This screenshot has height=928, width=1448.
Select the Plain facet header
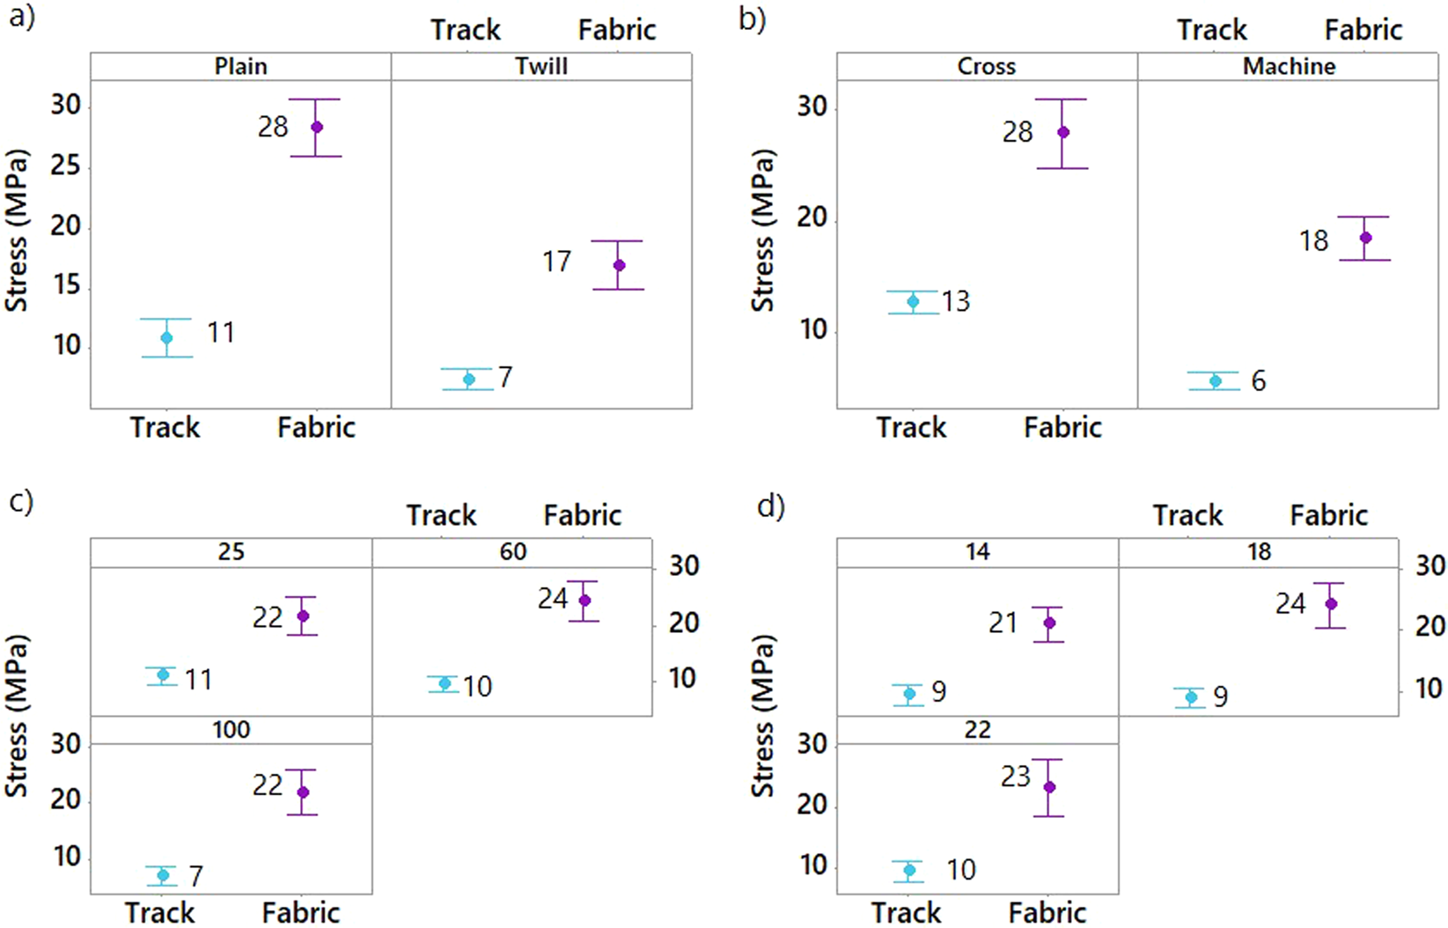click(240, 67)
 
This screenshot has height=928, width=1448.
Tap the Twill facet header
click(541, 67)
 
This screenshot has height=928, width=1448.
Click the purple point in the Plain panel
click(317, 127)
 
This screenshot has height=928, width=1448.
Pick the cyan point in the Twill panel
click(469, 379)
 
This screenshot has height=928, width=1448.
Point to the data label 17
click(556, 261)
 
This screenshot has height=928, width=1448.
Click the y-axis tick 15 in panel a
click(66, 285)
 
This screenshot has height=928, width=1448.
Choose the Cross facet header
click(986, 67)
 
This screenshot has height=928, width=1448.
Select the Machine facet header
click(1289, 67)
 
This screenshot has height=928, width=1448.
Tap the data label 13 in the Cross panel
click(955, 301)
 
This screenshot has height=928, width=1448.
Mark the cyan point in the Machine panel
click(1216, 381)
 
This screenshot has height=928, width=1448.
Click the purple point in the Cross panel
click(1062, 132)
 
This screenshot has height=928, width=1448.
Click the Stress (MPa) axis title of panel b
click(762, 231)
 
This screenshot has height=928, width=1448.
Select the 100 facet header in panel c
click(231, 730)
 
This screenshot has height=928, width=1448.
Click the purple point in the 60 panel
click(584, 600)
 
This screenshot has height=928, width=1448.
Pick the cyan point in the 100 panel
click(163, 875)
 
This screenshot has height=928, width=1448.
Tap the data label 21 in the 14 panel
click(1003, 623)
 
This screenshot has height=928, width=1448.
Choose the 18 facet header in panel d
click(1259, 552)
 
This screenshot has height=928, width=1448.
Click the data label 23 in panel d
click(1015, 777)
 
